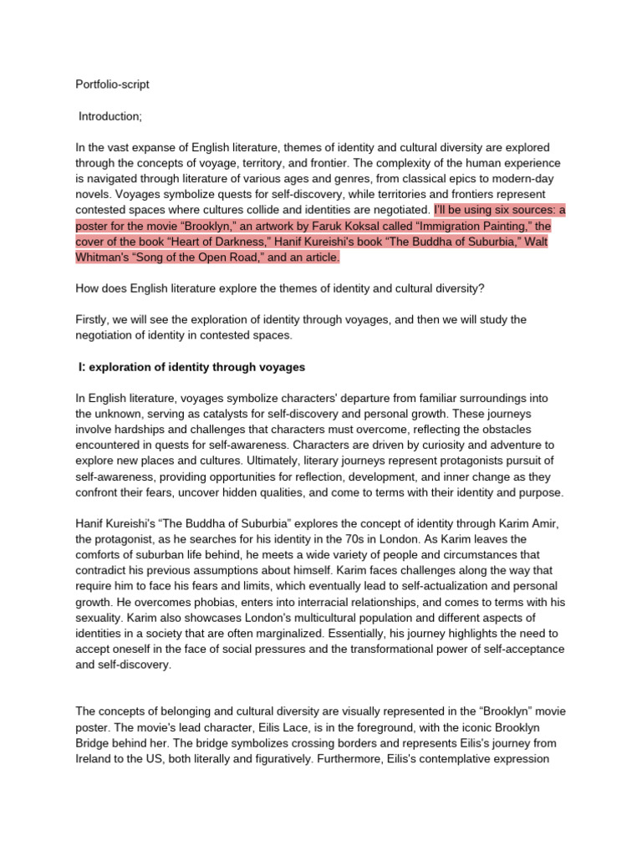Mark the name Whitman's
106,258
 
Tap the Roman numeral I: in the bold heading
82,367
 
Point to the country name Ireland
98,759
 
